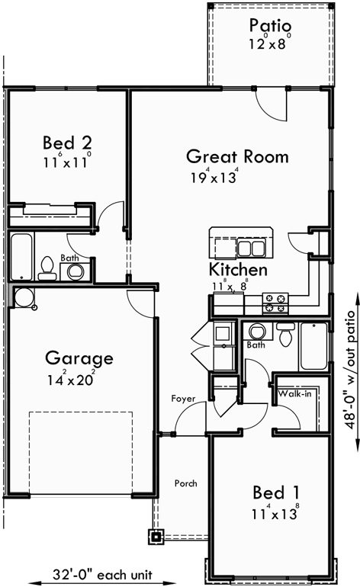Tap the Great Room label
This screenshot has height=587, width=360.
(x=237, y=157)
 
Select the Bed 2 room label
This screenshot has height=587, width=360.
(x=68, y=143)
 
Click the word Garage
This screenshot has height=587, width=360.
(x=79, y=358)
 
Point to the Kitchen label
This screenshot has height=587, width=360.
(x=238, y=270)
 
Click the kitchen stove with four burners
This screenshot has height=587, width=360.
(x=275, y=303)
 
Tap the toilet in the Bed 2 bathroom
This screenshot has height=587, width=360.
(x=47, y=267)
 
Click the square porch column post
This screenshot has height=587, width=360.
(x=156, y=536)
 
